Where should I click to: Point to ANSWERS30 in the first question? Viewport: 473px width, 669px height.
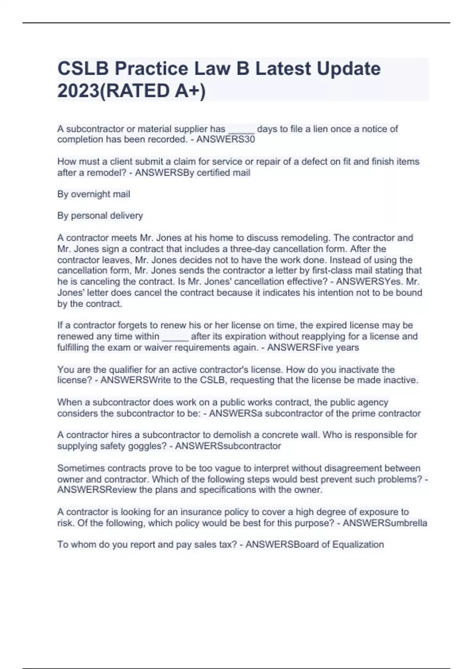click(x=225, y=139)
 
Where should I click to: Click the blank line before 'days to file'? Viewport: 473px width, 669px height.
click(x=241, y=130)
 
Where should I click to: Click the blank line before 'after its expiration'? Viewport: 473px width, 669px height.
click(x=175, y=337)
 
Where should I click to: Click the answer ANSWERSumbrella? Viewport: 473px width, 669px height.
click(x=385, y=523)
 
